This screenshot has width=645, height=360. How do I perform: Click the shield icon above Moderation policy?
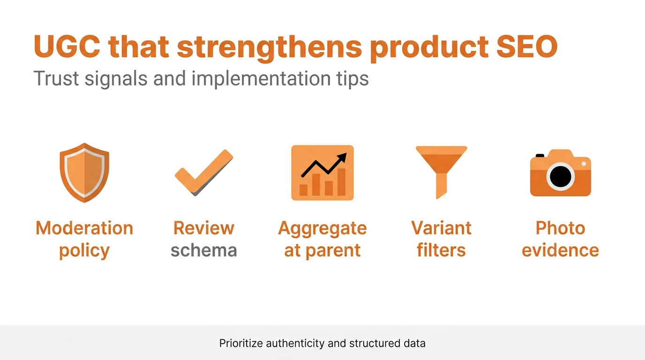click(x=84, y=172)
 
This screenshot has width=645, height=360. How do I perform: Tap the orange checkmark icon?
click(x=204, y=172)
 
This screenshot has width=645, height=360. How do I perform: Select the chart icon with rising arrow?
click(x=322, y=172)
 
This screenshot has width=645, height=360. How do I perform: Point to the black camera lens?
click(x=560, y=177)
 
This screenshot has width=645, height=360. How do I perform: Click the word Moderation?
click(x=84, y=228)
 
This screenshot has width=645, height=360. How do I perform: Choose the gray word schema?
click(x=203, y=250)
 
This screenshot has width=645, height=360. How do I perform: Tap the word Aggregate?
click(x=322, y=228)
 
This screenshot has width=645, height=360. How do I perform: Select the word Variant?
click(x=441, y=228)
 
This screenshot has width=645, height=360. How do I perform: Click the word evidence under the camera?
click(x=560, y=250)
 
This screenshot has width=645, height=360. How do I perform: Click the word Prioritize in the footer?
click(x=241, y=343)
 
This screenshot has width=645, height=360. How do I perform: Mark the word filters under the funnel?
click(x=441, y=250)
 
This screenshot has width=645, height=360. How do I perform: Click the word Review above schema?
click(x=203, y=228)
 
